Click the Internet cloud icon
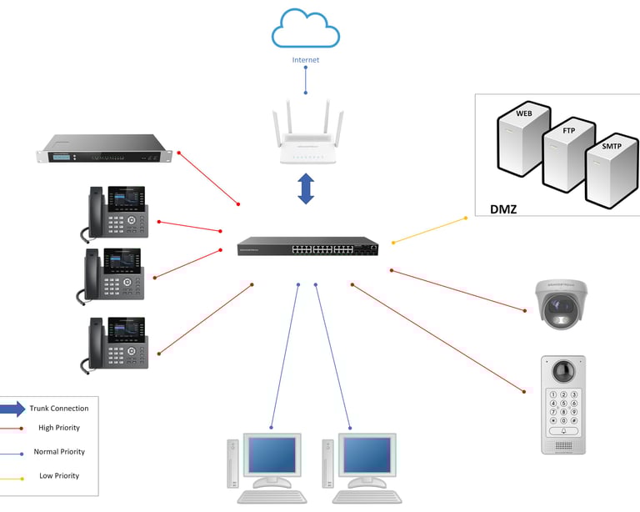pyautogui.click(x=305, y=29)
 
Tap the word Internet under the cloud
pyautogui.click(x=305, y=60)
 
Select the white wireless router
pyautogui.click(x=306, y=138)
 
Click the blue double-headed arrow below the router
pyautogui.click(x=306, y=188)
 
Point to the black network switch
pyautogui.click(x=307, y=248)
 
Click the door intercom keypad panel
pyautogui.click(x=563, y=405)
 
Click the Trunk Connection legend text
pyautogui.click(x=58, y=409)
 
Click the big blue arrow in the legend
pyautogui.click(x=12, y=409)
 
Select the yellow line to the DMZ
pyautogui.click(x=429, y=230)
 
